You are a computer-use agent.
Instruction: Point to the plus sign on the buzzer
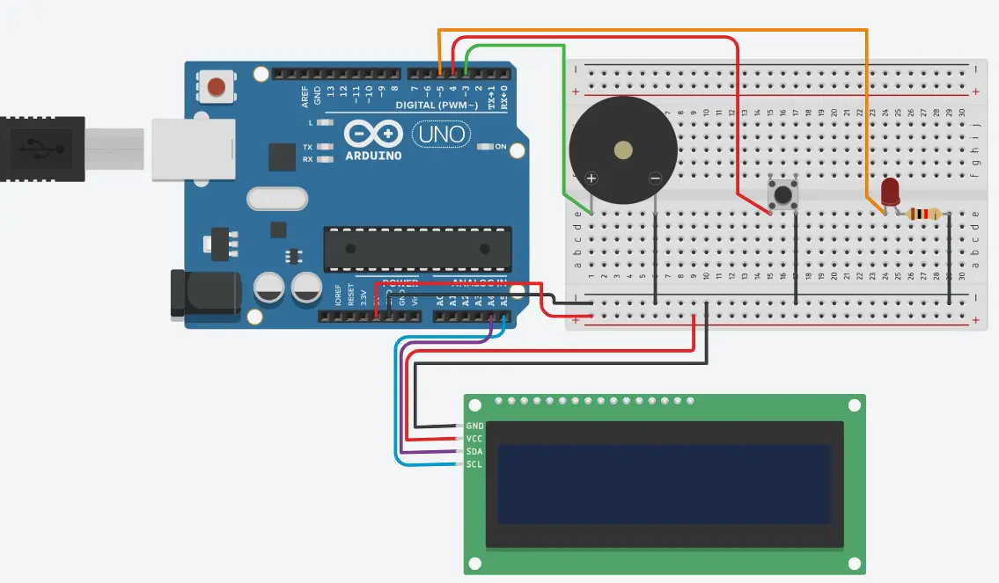coord(591,179)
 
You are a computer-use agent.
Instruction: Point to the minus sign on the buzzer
coord(655,179)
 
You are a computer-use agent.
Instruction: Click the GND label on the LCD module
coord(475,426)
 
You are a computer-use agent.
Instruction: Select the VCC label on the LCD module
coord(475,438)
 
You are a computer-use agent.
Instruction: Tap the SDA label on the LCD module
coord(475,451)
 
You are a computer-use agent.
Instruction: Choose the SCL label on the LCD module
coord(475,464)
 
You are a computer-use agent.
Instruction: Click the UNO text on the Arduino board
coord(441,135)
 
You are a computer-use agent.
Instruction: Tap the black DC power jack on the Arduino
coord(204,294)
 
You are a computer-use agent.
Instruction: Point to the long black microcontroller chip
coord(417,249)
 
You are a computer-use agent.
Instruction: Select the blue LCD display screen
coord(665,485)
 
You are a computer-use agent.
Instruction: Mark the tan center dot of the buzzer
coord(623,149)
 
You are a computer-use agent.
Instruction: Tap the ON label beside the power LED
coord(500,147)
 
